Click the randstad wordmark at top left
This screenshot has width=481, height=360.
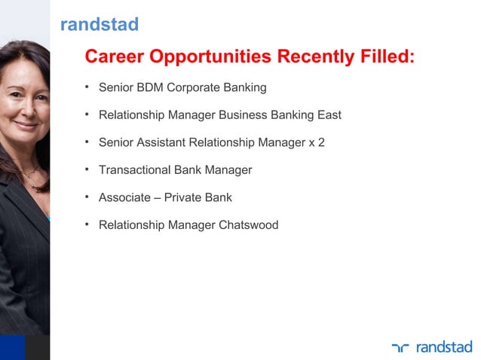99,25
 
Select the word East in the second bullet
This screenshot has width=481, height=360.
328,115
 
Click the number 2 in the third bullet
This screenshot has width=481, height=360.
321,142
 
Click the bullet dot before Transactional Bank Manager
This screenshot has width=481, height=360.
87,169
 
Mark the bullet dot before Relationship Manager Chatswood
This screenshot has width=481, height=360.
87,224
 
